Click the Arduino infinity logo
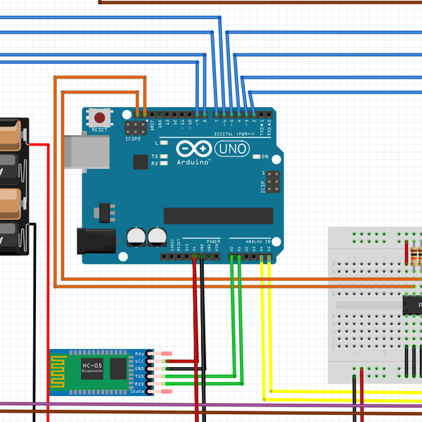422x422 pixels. click(193, 149)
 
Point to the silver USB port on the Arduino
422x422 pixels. click(87, 152)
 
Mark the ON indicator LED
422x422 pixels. click(257, 156)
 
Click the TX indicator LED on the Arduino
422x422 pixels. click(163, 156)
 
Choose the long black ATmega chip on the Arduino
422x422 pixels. click(217, 215)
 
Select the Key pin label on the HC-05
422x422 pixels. click(140, 353)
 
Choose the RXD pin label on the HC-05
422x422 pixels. click(139, 383)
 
